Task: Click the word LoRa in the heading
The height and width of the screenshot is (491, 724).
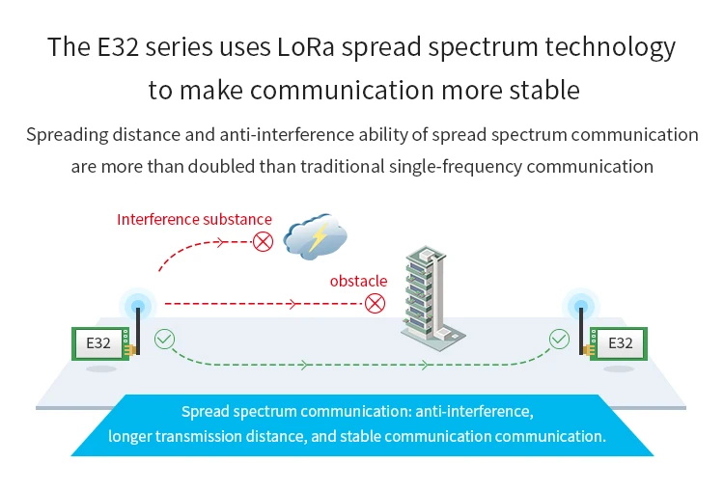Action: pos(305,46)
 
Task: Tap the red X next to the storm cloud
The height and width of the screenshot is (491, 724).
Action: pos(263,242)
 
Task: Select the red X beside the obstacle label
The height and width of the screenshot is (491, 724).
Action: pos(375,304)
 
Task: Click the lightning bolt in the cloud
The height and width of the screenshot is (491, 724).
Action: pos(319,237)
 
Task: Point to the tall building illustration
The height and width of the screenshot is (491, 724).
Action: pos(432,298)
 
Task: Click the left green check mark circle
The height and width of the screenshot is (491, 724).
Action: pos(164,340)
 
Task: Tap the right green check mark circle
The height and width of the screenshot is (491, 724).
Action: pos(559,340)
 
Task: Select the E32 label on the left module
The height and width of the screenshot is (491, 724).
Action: pos(98,343)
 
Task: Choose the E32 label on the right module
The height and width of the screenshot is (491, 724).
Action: pos(620,343)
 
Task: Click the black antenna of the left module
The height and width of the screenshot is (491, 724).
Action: pos(138,330)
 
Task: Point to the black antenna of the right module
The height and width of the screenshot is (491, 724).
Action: pos(581,330)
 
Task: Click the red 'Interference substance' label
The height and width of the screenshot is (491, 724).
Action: pos(194,219)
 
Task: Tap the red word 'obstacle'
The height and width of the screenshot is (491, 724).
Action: pos(358,281)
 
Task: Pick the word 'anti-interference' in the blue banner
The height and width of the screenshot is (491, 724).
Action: pos(474,411)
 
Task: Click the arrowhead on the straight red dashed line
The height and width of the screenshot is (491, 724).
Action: pos(292,304)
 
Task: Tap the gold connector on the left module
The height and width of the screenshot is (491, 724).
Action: pos(130,350)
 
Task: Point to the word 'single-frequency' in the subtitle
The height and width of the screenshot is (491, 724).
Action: pos(456,167)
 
